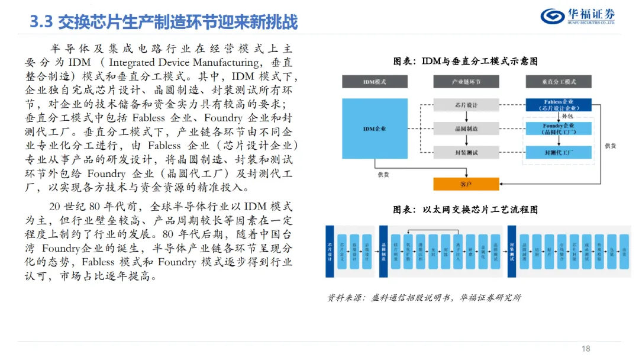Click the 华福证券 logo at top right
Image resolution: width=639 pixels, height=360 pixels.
[x=579, y=16]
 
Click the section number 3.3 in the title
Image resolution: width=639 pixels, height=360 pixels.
[x=42, y=22]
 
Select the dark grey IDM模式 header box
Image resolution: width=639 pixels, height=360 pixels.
[x=375, y=82]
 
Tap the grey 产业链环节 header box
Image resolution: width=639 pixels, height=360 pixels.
[x=466, y=82]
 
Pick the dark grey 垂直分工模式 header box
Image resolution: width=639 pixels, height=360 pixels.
[x=558, y=82]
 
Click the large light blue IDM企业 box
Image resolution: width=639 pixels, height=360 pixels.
[x=375, y=128]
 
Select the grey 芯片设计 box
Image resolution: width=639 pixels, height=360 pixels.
[x=466, y=105]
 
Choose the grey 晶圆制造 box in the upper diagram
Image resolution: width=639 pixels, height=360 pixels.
[x=466, y=128]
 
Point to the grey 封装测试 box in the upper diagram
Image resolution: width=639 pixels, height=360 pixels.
[x=466, y=152]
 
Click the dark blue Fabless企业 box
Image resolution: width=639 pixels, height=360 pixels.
[x=558, y=105]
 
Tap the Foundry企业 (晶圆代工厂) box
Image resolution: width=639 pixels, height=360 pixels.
[x=558, y=129]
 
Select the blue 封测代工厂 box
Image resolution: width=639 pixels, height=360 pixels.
[x=558, y=152]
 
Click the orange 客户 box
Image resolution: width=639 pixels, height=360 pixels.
[x=466, y=184]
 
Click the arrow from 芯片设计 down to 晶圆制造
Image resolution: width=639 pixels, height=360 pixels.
[x=466, y=117]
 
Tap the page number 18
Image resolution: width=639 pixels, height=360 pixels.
[x=586, y=349]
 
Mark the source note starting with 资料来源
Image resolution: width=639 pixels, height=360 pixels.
[x=424, y=298]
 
